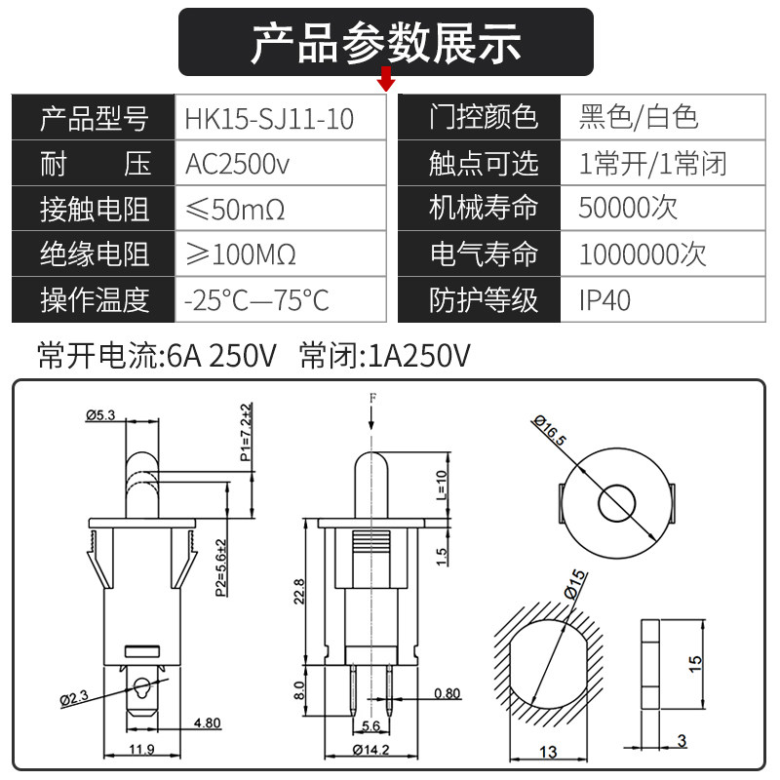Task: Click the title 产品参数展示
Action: pos(386,42)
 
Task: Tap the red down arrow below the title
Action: pos(387,79)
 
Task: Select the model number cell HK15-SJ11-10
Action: pos(270,119)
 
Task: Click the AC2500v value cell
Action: pos(238,164)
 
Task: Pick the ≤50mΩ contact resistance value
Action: pos(240,210)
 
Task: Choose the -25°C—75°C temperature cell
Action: pos(257,299)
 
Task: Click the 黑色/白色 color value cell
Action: pos(639,118)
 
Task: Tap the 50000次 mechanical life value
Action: pos(628,209)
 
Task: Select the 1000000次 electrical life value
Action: pos(643,254)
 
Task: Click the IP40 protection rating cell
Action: pos(604,299)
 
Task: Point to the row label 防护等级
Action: pos(484,299)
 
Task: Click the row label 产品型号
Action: pos(94,119)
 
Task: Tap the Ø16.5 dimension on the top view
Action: pos(550,430)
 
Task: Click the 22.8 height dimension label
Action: pos(299,592)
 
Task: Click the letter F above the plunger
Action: pos(371,399)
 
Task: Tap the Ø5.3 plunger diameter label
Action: pos(100,415)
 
